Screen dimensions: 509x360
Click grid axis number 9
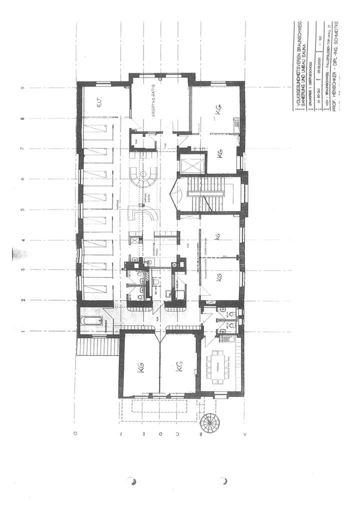click(22, 88)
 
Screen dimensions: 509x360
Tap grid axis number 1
click(22, 330)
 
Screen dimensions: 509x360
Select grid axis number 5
click(22, 209)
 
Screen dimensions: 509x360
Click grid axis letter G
click(75, 434)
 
